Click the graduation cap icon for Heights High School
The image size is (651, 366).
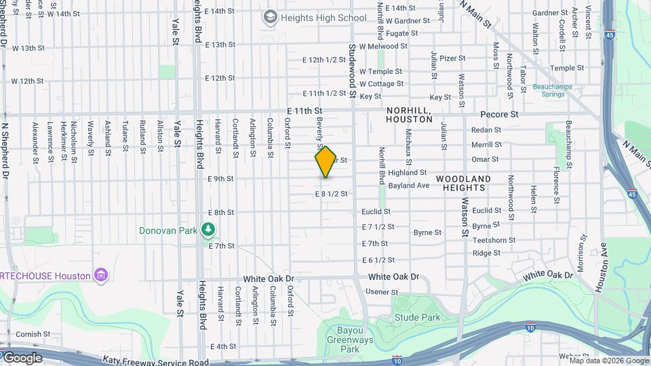click(271, 16)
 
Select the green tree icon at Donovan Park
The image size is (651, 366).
click(208, 230)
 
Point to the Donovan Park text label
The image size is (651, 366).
click(167, 230)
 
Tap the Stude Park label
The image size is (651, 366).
click(417, 317)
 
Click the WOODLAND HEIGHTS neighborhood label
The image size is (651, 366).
click(463, 183)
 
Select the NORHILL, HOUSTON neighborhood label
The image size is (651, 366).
click(409, 114)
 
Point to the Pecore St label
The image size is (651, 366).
click(499, 115)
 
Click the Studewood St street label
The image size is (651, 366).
click(353, 70)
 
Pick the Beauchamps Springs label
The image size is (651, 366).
click(553, 91)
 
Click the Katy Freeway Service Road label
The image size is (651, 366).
click(156, 362)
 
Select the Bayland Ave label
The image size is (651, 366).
click(409, 185)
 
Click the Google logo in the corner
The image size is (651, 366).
click(22, 358)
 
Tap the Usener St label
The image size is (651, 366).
click(382, 292)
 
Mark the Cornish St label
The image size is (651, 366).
click(29, 334)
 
